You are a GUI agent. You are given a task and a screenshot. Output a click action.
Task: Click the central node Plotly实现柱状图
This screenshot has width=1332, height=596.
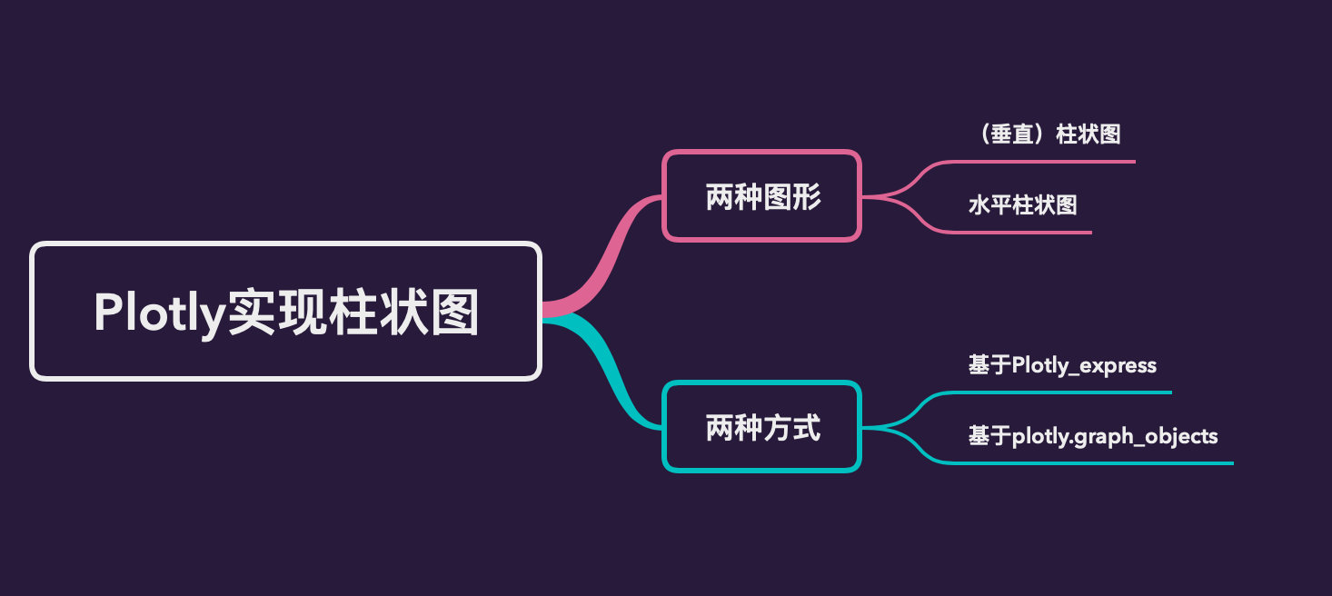[x=286, y=311]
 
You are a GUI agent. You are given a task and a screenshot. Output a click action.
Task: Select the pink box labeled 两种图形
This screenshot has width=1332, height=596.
[x=761, y=196]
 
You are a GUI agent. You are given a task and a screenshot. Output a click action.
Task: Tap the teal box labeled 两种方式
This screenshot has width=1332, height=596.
[x=761, y=427]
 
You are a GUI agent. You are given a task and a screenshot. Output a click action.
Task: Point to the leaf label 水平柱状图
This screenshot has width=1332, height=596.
[x=1022, y=205]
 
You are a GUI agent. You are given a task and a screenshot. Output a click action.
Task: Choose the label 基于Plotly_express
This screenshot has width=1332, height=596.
[x=1062, y=365]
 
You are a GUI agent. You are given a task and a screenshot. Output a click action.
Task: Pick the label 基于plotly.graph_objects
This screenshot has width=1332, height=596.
[x=1093, y=436]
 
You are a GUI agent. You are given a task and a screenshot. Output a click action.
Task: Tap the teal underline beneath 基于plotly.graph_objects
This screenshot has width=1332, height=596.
[x=1090, y=463]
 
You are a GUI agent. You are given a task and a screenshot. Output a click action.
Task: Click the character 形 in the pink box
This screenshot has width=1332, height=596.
[x=806, y=197]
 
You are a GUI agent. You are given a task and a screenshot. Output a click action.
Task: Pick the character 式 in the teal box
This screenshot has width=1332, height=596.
[x=806, y=428]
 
